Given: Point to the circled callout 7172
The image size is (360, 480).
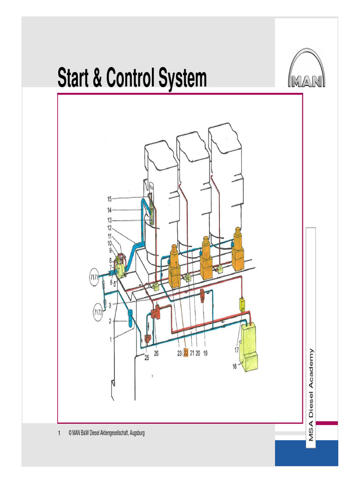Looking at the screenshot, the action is point(97,312).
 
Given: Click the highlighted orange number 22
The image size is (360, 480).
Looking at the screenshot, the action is point(186,353).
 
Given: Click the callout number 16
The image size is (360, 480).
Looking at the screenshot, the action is point(234,367).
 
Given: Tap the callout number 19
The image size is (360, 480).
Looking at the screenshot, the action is point(205,353).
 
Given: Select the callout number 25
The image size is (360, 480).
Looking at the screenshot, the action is point(146,358).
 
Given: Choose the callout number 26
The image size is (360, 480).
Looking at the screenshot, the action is point(156,353).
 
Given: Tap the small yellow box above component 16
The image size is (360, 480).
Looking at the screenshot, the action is point(243,304).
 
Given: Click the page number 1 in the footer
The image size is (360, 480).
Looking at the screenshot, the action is point(59,433).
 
